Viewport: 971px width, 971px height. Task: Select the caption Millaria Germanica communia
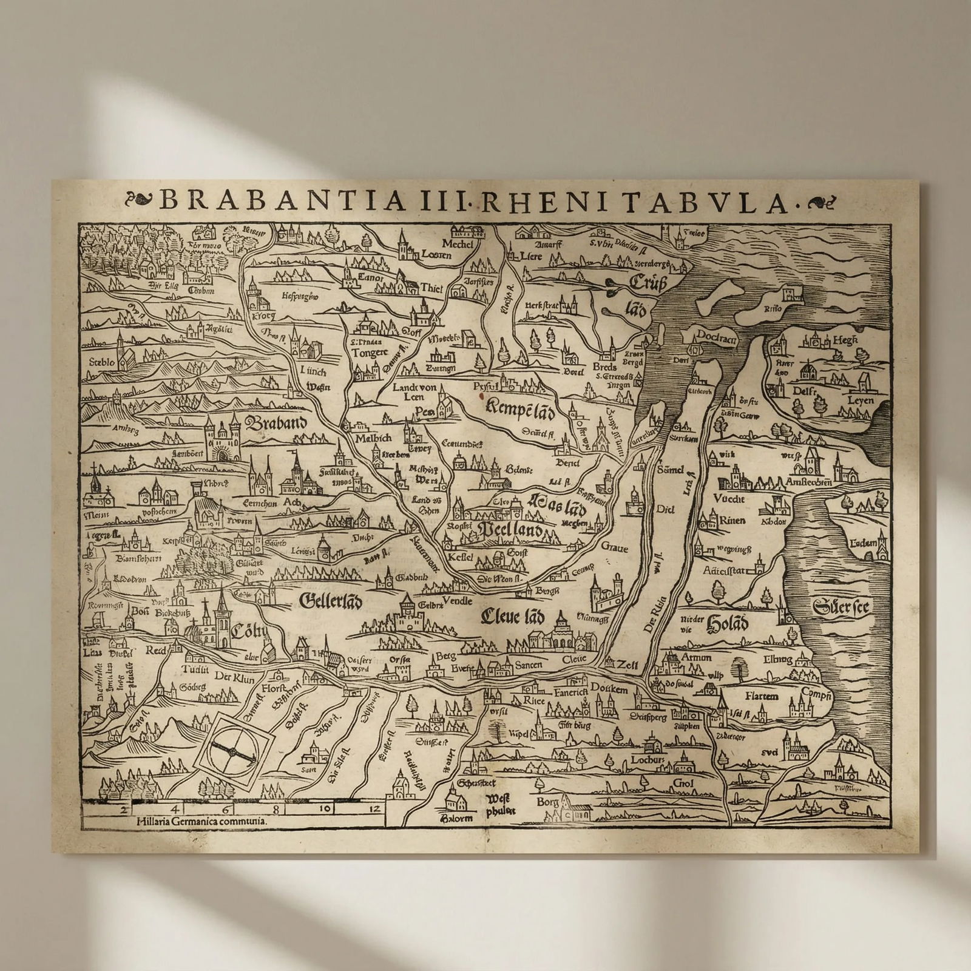coord(201,820)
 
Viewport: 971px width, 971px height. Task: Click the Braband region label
coord(277,422)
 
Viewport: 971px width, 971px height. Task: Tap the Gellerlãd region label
coord(331,601)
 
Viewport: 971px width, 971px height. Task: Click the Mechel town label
coord(458,244)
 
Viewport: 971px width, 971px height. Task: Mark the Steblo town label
coord(101,362)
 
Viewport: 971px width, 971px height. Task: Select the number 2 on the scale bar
coord(123,809)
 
